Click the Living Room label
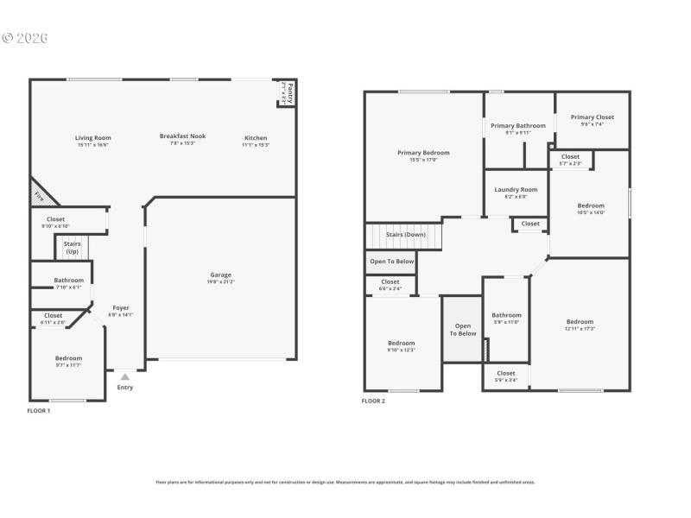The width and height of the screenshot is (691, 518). pos(92,137)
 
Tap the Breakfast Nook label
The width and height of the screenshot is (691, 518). pos(182,136)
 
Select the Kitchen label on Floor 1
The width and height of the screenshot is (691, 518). pos(256,137)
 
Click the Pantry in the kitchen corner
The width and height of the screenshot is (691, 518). pos(288,92)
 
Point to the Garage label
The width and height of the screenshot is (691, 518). pos(220,275)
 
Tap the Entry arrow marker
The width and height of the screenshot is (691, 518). pos(125,377)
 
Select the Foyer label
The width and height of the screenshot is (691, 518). pos(121,308)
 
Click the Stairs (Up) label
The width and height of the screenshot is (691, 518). pos(72,248)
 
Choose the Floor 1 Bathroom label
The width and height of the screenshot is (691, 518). pos(68,280)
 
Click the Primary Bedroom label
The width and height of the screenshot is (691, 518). pos(423,153)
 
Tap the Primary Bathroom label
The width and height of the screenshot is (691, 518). pos(518,126)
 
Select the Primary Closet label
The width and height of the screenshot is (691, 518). pos(592,117)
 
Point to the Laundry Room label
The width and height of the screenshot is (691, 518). pos(516,190)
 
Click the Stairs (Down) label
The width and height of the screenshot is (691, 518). pos(405,234)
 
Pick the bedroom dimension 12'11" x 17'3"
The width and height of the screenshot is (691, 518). pos(580,329)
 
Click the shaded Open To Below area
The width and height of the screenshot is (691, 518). pos(462,329)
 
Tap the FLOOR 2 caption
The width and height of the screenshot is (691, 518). pos(373,401)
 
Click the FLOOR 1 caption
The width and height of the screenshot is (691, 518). pos(39,410)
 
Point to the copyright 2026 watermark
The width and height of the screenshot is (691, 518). pos(25,38)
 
